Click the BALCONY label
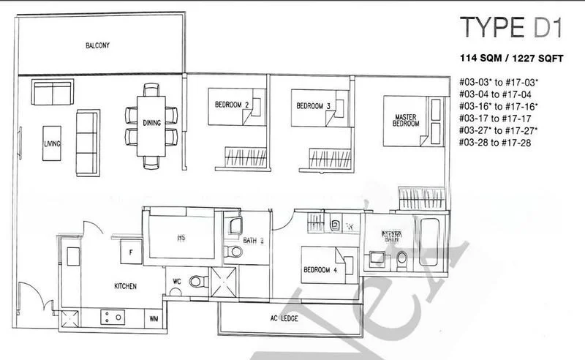[97, 45]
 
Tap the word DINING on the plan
[151, 124]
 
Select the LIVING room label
[51, 143]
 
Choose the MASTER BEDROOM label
[407, 120]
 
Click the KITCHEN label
[126, 286]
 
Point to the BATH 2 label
[254, 240]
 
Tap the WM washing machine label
[154, 318]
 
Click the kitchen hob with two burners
[113, 317]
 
